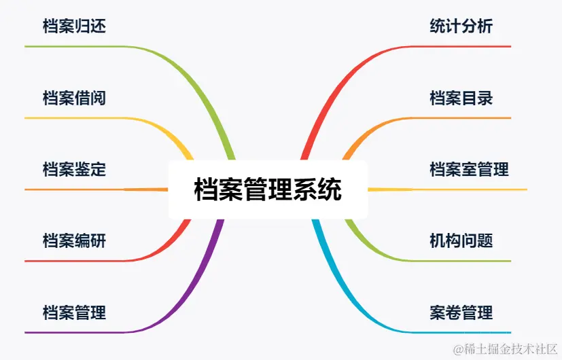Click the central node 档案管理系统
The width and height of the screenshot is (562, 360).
[x=268, y=190]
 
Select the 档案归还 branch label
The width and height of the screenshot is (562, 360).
[x=74, y=26]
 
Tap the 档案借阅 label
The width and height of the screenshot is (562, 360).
[x=74, y=98]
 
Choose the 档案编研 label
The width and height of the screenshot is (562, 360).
[x=74, y=240]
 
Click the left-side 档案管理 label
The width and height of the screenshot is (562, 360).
[x=74, y=312]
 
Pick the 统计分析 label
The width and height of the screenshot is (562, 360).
[x=461, y=26]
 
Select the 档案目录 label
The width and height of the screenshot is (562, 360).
[x=461, y=98]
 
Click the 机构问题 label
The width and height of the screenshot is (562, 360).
[x=461, y=240]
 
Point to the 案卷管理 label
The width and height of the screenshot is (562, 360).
[x=461, y=312]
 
